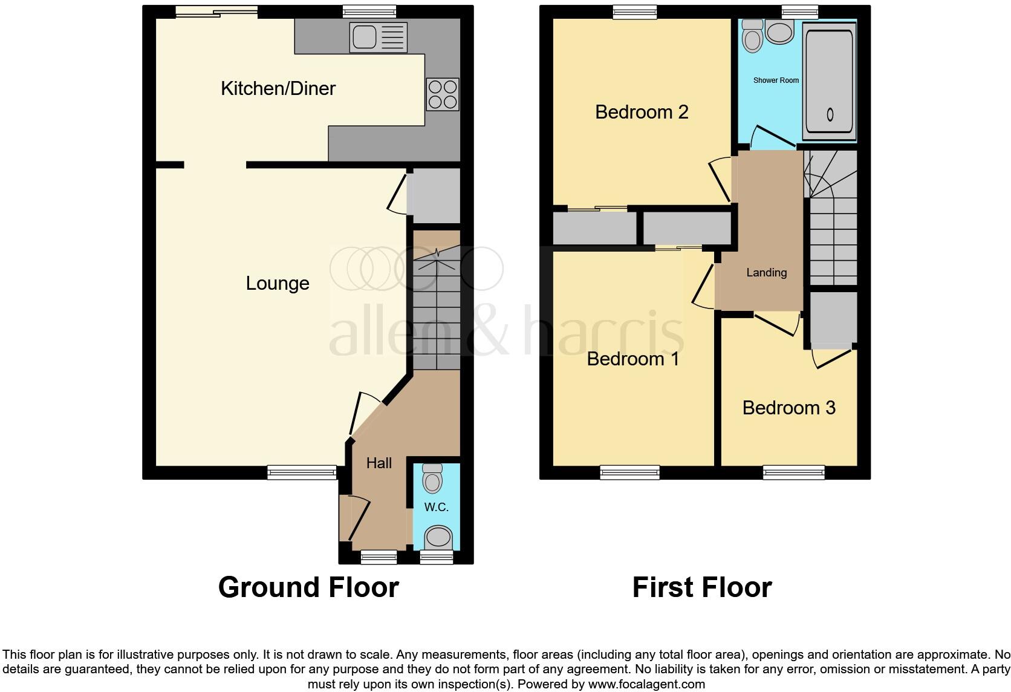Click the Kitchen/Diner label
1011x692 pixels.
[278, 89]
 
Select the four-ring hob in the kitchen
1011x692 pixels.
[443, 94]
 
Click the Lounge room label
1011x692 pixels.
[278, 284]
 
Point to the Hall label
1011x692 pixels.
[379, 463]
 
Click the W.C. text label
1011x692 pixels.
[436, 508]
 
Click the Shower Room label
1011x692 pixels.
[776, 80]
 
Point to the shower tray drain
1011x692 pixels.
[830, 114]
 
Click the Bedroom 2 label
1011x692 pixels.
[642, 113]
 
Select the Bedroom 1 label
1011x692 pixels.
[632, 359]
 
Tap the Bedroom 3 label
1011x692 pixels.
[788, 408]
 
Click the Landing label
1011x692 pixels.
[766, 273]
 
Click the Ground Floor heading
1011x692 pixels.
[308, 587]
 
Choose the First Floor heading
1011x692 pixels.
[701, 587]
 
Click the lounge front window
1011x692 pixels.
[302, 472]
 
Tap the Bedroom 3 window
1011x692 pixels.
[793, 472]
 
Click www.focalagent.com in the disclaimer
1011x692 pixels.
[646, 685]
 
